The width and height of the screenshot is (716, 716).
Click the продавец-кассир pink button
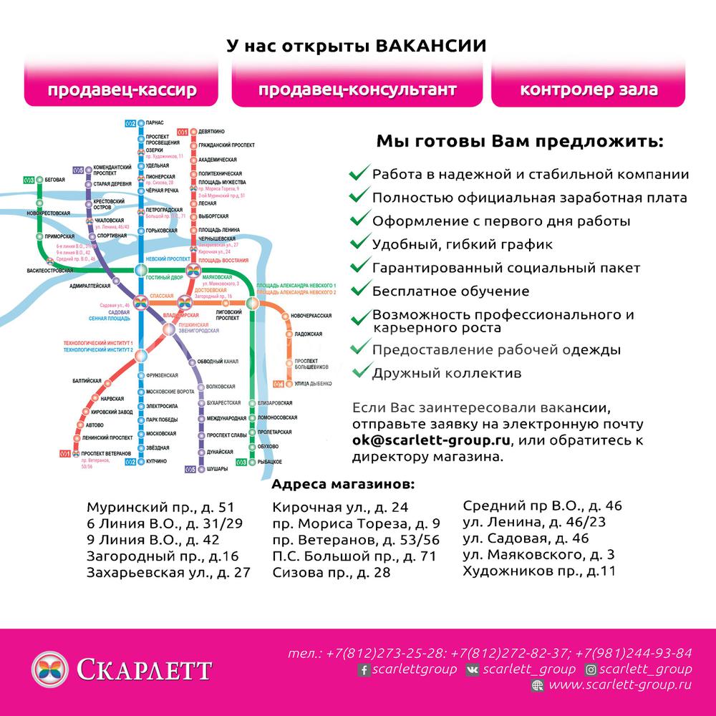(x=122, y=90)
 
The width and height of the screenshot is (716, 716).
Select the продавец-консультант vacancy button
(x=357, y=90)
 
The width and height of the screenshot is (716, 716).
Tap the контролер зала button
(x=589, y=90)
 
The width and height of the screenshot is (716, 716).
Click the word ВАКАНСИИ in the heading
(x=430, y=46)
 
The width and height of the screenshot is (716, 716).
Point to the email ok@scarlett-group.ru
(x=434, y=440)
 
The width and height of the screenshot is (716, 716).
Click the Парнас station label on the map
(x=155, y=123)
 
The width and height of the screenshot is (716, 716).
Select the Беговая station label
(x=54, y=179)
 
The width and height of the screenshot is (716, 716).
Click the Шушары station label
(x=217, y=468)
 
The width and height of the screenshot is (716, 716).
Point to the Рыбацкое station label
(x=268, y=462)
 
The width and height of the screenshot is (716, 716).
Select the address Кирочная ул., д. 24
(x=340, y=507)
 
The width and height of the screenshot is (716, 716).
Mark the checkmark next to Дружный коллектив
(x=360, y=372)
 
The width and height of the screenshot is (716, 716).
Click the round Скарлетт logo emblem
(x=49, y=670)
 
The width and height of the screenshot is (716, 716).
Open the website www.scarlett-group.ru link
(x=619, y=685)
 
